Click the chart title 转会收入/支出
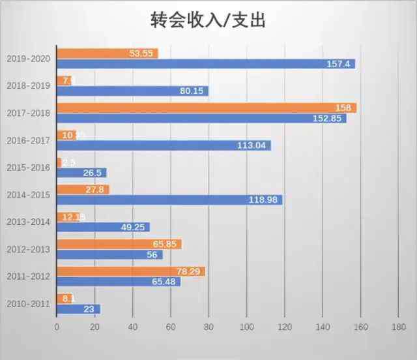pyautogui.click(x=208, y=21)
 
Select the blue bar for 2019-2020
pyautogui.click(x=206, y=64)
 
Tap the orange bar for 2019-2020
pyautogui.click(x=108, y=53)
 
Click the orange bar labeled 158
pyautogui.click(x=207, y=108)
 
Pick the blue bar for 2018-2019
pyautogui.click(x=132, y=91)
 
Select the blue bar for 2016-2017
pyautogui.click(x=164, y=145)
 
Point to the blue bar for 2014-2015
pyautogui.click(x=169, y=200)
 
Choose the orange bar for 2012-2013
pyautogui.click(x=119, y=244)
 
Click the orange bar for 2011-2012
pyautogui.click(x=131, y=271)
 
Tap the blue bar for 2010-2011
pyautogui.click(x=78, y=309)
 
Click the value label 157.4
pyautogui.click(x=339, y=64)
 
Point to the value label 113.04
pyautogui.click(x=253, y=145)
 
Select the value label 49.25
pyautogui.click(x=134, y=227)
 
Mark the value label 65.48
pyautogui.click(x=164, y=282)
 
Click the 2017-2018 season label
pyautogui.click(x=29, y=113)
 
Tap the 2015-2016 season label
pyautogui.click(x=29, y=167)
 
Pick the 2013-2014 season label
pyautogui.click(x=29, y=222)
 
